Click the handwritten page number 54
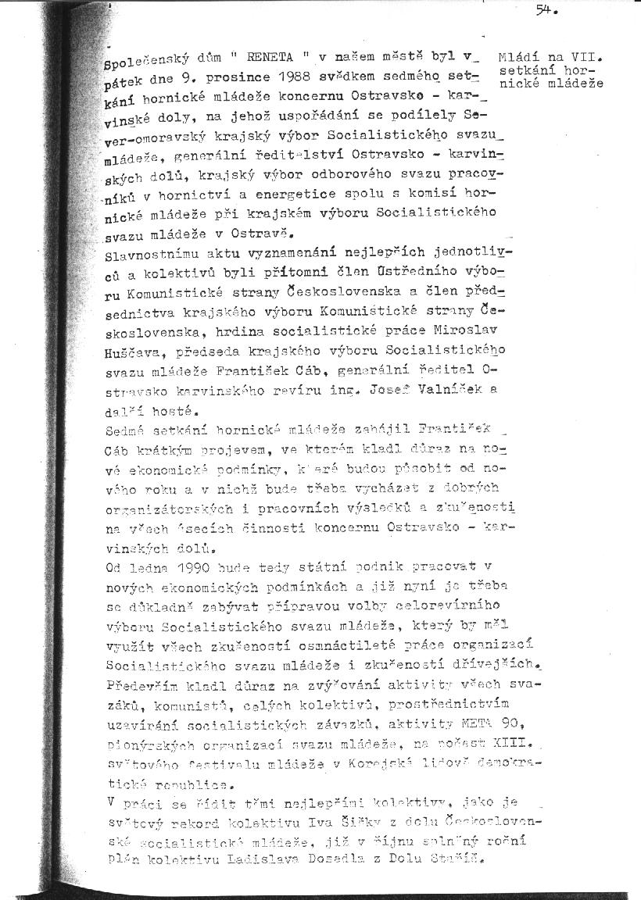[545, 10]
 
